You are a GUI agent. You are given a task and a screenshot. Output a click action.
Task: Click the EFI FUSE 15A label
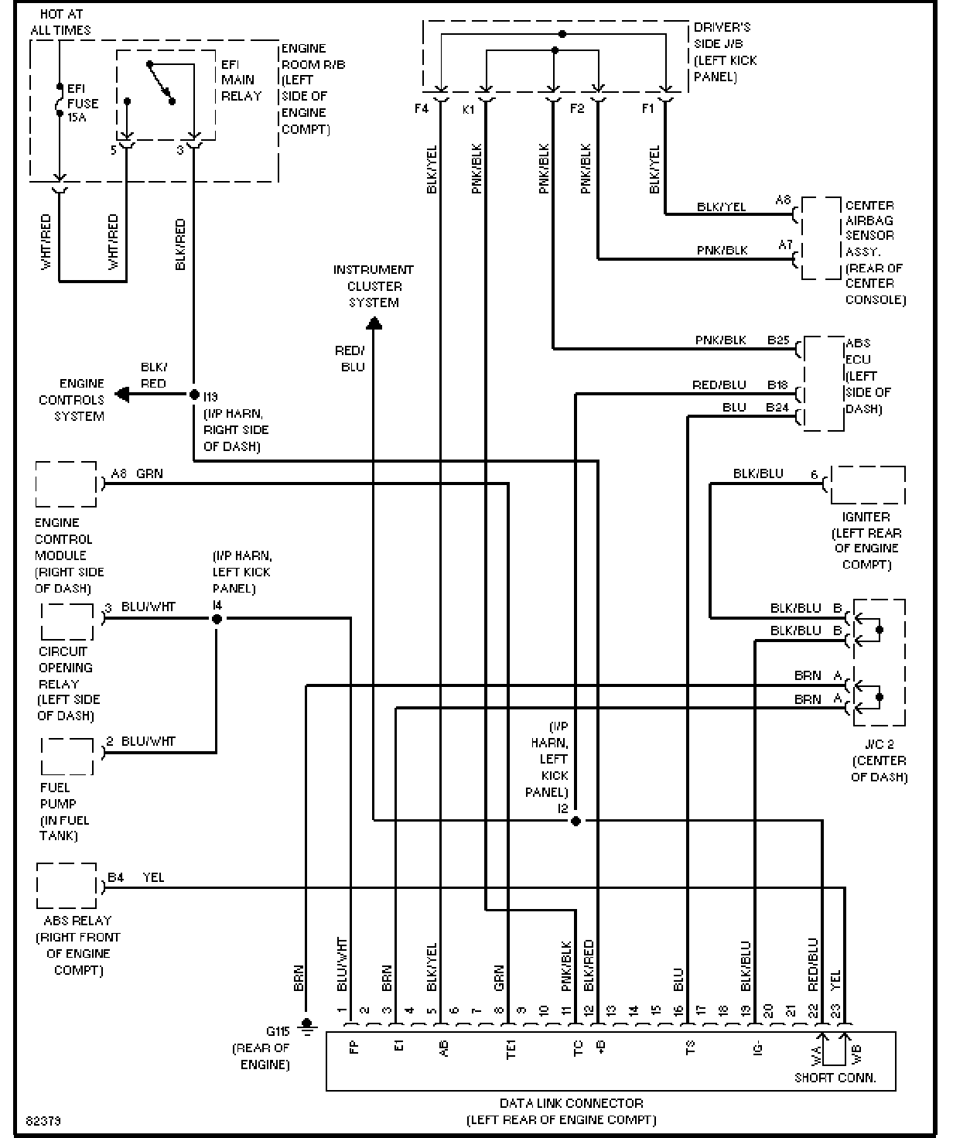coord(82,104)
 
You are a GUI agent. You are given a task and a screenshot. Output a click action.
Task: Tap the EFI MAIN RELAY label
coord(241,80)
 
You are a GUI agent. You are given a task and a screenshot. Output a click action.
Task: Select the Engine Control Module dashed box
coord(66,484)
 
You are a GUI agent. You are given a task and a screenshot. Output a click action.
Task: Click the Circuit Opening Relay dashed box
coord(67,621)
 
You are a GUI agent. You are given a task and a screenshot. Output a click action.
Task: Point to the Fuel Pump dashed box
coord(67,756)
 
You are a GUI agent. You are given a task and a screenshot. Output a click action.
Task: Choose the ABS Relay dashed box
coord(67,886)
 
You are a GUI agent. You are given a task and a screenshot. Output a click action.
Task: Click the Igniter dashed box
coord(866,485)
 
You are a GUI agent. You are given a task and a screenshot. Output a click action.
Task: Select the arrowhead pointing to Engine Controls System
coord(121,395)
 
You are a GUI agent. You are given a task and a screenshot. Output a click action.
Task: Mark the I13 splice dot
coord(194,395)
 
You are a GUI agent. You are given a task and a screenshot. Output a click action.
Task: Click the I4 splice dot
coord(217,618)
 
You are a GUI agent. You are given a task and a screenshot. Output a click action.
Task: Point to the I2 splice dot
coord(576,821)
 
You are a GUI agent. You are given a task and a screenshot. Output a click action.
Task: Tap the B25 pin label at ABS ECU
coord(777,340)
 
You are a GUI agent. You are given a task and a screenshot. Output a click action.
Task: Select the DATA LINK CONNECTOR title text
coord(571,1103)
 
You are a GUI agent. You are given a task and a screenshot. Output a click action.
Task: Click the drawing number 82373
coord(43,1120)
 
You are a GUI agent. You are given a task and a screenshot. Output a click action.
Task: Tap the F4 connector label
coord(421,109)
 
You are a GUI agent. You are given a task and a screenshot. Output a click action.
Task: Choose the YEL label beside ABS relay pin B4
coord(153,877)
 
